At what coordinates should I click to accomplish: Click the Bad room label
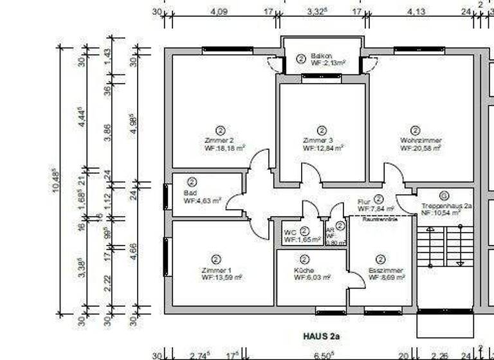click(x=190, y=192)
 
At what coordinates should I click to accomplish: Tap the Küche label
click(x=304, y=270)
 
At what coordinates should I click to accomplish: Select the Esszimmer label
click(x=381, y=270)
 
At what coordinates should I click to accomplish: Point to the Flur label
click(x=364, y=201)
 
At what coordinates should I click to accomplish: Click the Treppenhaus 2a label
click(x=447, y=206)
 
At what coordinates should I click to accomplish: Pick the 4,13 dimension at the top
click(x=417, y=11)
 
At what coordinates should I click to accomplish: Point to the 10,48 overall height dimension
click(x=53, y=181)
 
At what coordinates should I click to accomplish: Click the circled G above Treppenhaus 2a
click(x=443, y=195)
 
